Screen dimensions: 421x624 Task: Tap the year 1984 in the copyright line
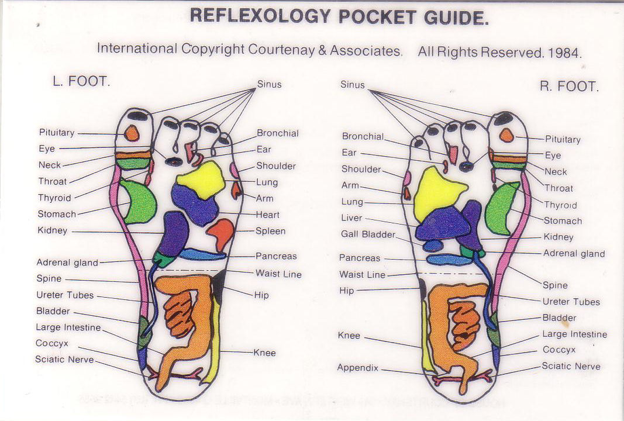564,53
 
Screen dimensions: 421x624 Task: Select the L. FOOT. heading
81,82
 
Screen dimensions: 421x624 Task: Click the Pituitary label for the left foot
57,133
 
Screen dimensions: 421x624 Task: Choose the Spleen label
270,231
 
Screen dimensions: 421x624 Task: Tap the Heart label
267,215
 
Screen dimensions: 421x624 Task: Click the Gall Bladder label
368,234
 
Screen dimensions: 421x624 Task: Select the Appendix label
358,368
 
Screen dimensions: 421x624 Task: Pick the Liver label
351,218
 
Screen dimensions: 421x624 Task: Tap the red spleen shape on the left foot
221,233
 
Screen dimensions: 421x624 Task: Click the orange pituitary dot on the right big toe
506,136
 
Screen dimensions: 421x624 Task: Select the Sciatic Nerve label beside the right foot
571,366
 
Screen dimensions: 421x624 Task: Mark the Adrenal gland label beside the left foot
67,263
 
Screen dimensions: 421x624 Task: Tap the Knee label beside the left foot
264,353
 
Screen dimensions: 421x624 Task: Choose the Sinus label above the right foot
353,85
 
